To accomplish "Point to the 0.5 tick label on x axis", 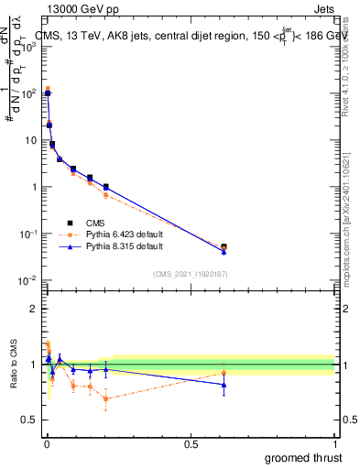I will (x=191, y=443).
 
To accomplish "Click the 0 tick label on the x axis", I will (x=46, y=443).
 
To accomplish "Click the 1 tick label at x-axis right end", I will (x=335, y=443).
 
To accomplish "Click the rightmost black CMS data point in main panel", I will (x=224, y=247).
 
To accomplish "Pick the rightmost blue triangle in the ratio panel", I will (x=224, y=384).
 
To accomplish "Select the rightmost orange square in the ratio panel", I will (x=224, y=372).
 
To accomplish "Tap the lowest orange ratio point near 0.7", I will (x=106, y=398).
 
